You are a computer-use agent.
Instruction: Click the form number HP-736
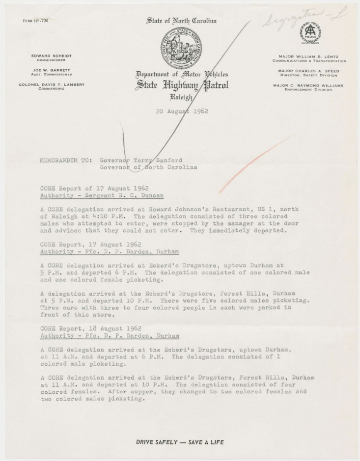pyautogui.click(x=35, y=21)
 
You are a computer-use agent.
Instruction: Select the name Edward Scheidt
pyautogui.click(x=51, y=56)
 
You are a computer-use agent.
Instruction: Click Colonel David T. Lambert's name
pyautogui.click(x=52, y=84)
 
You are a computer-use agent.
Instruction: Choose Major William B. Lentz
pyautogui.click(x=309, y=56)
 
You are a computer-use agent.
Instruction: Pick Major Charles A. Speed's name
pyautogui.click(x=309, y=71)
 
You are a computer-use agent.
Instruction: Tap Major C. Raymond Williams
pyautogui.click(x=309, y=85)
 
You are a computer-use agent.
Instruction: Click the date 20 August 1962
pyautogui.click(x=182, y=111)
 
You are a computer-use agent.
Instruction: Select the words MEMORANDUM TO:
pyautogui.click(x=66, y=160)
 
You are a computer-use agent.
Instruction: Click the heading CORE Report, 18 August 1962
pyautogui.click(x=91, y=328)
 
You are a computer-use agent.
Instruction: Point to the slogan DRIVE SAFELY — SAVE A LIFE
pyautogui.click(x=180, y=442)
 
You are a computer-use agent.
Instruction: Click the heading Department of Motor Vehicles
pyautogui.click(x=182, y=74)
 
